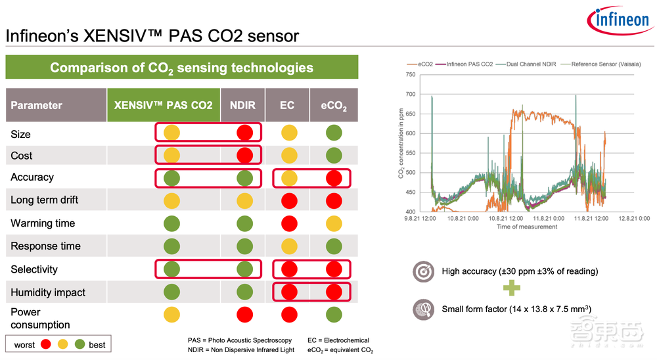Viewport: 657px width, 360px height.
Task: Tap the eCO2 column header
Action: [334, 106]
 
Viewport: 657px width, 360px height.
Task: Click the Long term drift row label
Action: [41, 200]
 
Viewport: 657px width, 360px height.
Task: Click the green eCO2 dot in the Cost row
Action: [334, 156]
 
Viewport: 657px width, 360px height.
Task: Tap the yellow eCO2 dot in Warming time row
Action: [334, 223]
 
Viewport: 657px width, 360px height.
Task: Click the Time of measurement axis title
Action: [526, 227]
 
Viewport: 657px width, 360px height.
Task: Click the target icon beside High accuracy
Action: [423, 271]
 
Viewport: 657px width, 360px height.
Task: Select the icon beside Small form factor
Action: [423, 309]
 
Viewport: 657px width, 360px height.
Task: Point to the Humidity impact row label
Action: [48, 292]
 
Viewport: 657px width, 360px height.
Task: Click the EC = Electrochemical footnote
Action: [338, 340]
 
